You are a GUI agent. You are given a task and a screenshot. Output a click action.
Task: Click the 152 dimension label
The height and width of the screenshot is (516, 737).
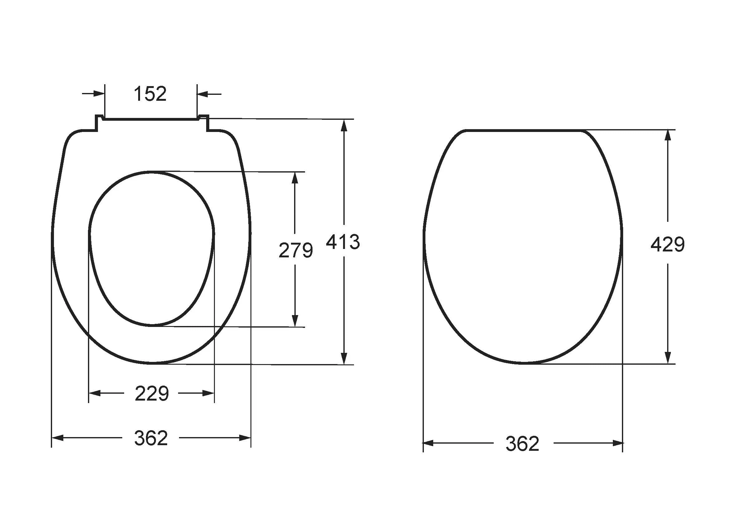pos(150,94)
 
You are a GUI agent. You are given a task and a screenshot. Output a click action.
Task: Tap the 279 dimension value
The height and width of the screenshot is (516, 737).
pos(296,251)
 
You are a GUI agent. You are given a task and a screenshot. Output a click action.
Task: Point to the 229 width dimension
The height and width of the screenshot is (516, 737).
pos(152,393)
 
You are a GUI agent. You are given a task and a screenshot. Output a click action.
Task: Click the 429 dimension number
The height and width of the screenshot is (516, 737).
pos(668,244)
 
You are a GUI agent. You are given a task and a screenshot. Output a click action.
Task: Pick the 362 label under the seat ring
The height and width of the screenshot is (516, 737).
pos(151,438)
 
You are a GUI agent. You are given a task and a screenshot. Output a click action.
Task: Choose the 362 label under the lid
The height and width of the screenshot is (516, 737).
pos(523,444)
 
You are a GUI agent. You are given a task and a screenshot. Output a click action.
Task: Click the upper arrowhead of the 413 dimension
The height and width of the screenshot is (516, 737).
pos(344,125)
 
